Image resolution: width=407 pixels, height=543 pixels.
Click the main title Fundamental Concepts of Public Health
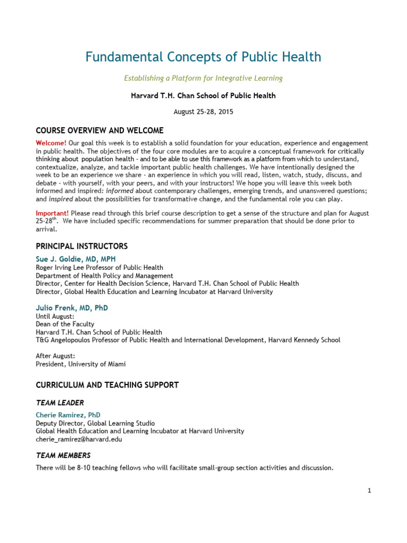pos(203,57)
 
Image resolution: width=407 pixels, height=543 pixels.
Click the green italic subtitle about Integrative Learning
pos(203,78)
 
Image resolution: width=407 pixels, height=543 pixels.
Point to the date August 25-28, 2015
pos(203,112)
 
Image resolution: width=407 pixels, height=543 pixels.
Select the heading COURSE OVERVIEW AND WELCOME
pos(100,130)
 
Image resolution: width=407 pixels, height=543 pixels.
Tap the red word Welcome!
pos(51,144)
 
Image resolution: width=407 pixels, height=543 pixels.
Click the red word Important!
pos(52,213)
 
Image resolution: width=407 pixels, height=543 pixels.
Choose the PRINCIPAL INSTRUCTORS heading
pos(82,247)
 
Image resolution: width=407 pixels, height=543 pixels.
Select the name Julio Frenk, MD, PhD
pos(72,308)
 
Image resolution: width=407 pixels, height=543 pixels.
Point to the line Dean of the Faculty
pos(65,324)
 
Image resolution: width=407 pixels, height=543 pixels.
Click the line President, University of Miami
pos(81,364)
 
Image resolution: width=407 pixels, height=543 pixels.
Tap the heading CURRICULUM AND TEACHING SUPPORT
pos(107,384)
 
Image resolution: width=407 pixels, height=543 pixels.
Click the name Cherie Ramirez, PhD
pos(68,415)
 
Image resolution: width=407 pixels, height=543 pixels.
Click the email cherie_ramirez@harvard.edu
pos(78,440)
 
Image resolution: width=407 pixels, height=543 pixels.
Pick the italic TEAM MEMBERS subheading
pos(63,456)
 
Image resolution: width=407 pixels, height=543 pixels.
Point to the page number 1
pos(369,491)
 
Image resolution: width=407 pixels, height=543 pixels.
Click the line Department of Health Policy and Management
pos(104,276)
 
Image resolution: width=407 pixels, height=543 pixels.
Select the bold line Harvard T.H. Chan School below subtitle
pos(203,96)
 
